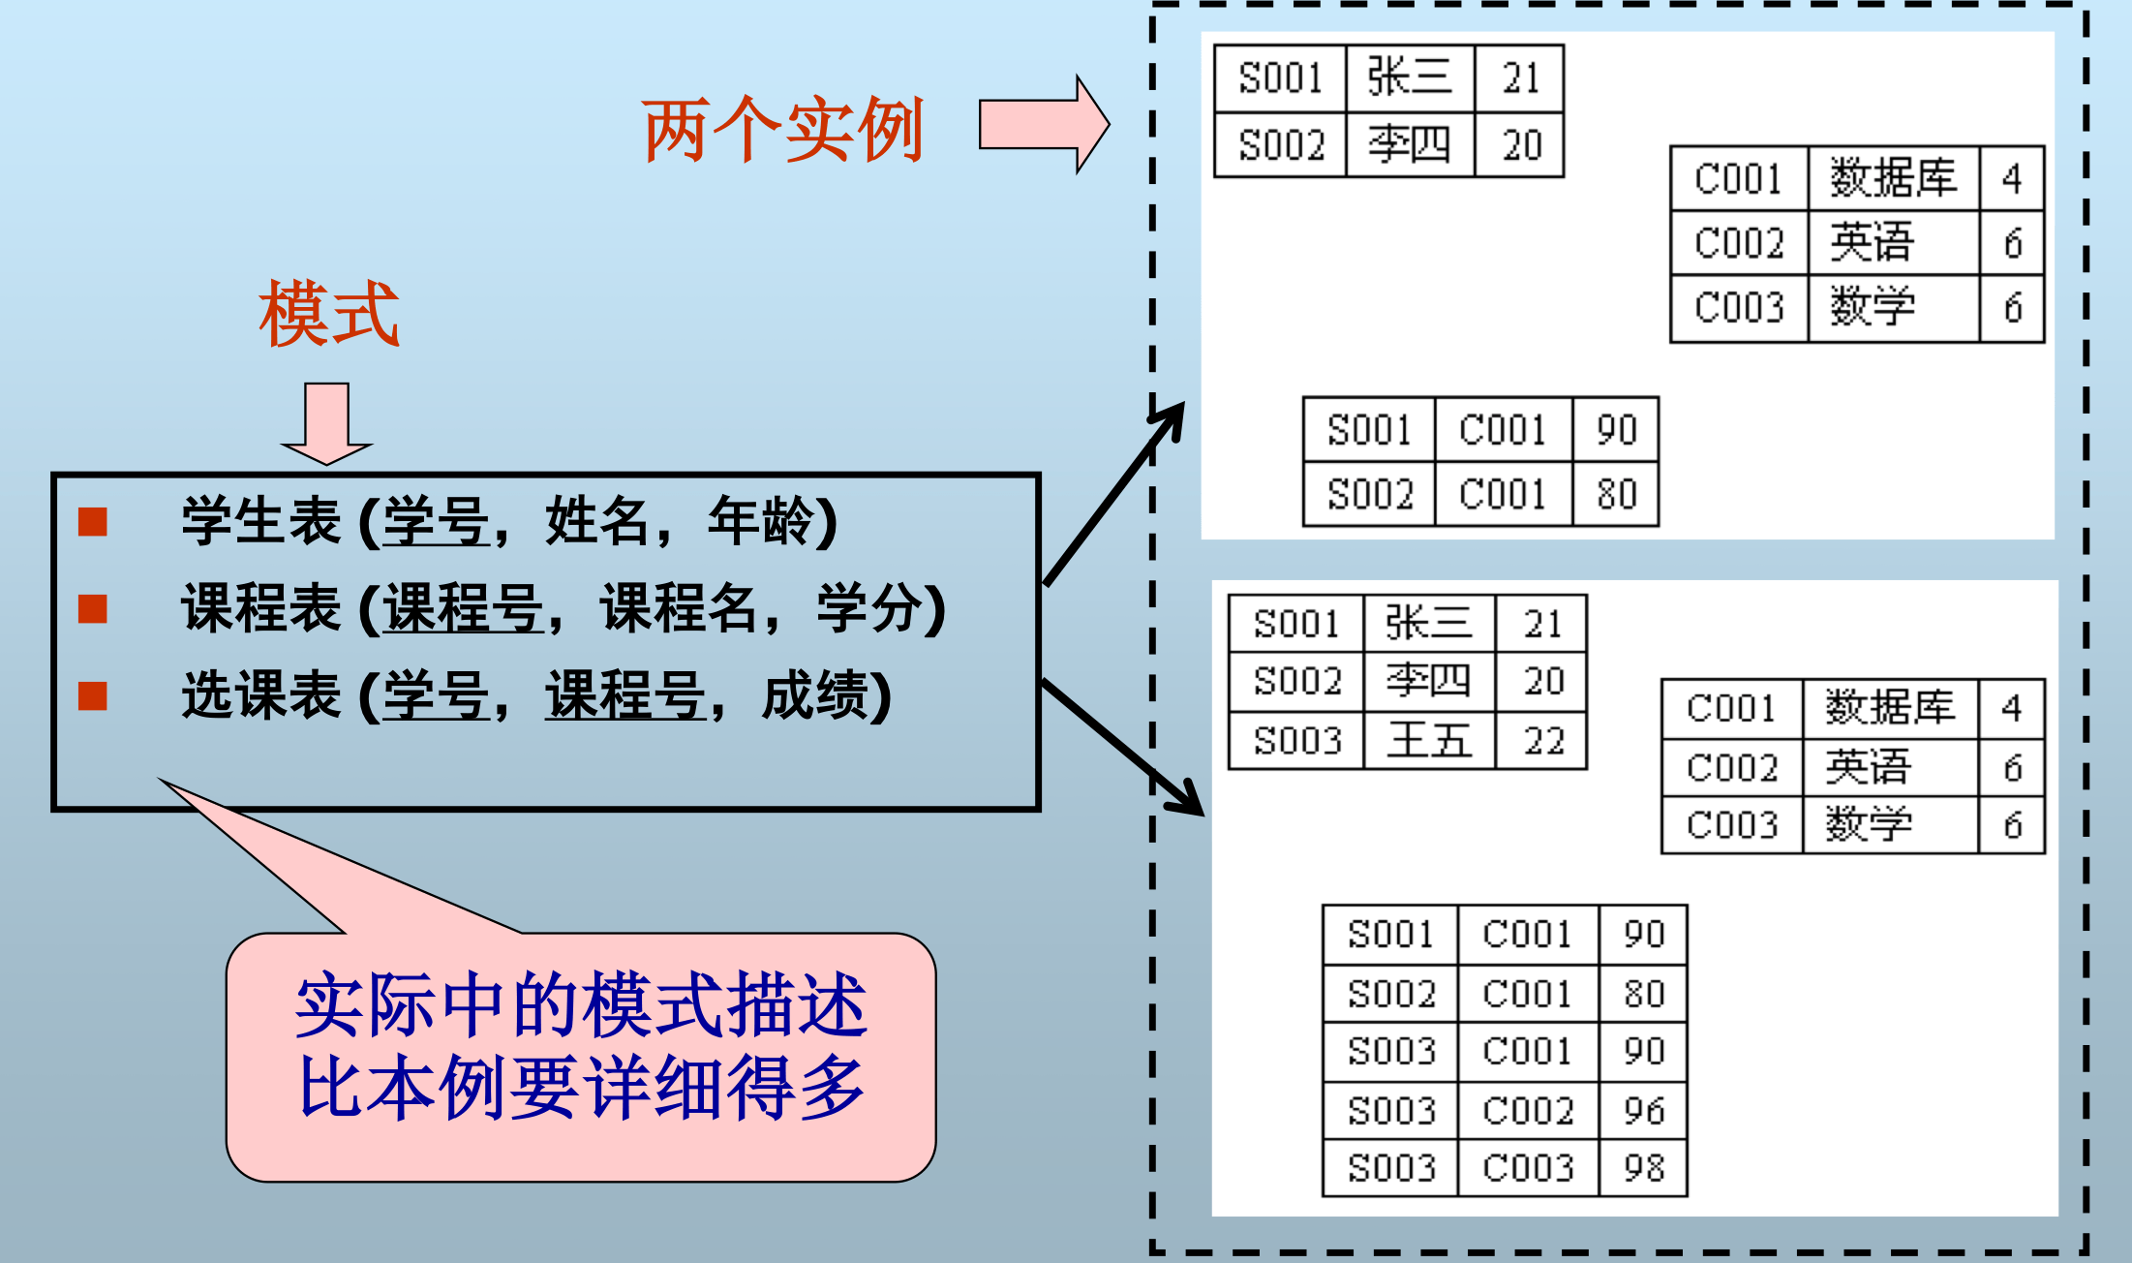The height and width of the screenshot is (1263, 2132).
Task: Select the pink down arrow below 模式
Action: [x=326, y=422]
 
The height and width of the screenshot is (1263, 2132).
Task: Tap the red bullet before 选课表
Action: [x=93, y=695]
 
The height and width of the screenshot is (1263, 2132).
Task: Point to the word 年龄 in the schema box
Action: [x=761, y=521]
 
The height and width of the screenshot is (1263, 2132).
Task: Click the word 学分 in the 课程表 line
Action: [x=870, y=608]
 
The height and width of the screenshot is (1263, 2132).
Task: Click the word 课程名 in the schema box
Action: [x=679, y=608]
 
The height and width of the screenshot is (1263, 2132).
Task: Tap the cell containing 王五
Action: [x=1429, y=741]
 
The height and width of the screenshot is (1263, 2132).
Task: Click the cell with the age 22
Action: [x=1543, y=741]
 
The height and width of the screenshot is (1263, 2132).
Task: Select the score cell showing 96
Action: [x=1643, y=1110]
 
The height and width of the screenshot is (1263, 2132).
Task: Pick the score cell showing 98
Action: [x=1643, y=1168]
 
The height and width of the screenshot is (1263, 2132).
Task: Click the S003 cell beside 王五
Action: [x=1296, y=741]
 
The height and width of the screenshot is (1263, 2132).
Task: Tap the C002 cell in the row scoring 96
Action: [x=1527, y=1110]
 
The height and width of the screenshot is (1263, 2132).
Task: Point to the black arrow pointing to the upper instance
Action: [x=1113, y=495]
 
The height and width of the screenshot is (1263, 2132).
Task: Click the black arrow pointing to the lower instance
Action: [x=1122, y=747]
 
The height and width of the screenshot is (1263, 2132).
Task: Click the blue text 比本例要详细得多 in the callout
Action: [x=581, y=1089]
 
